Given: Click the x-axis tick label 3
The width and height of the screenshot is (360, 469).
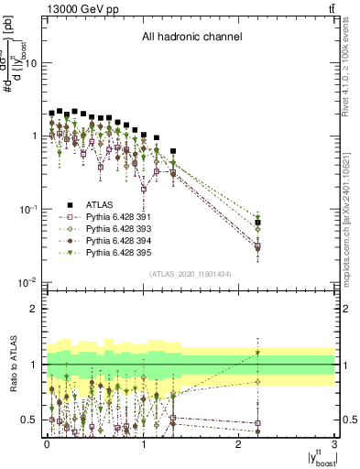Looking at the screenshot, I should [x=334, y=442].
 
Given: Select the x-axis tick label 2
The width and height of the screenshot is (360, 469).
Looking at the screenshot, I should [x=239, y=442].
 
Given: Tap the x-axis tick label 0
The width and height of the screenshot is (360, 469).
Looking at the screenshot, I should [x=48, y=442].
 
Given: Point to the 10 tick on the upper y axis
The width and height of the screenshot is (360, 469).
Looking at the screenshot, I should [x=33, y=63].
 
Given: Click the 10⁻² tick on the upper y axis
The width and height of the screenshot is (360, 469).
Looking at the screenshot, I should [x=30, y=281].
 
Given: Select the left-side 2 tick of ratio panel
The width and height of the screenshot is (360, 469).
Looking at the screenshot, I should [x=36, y=309].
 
